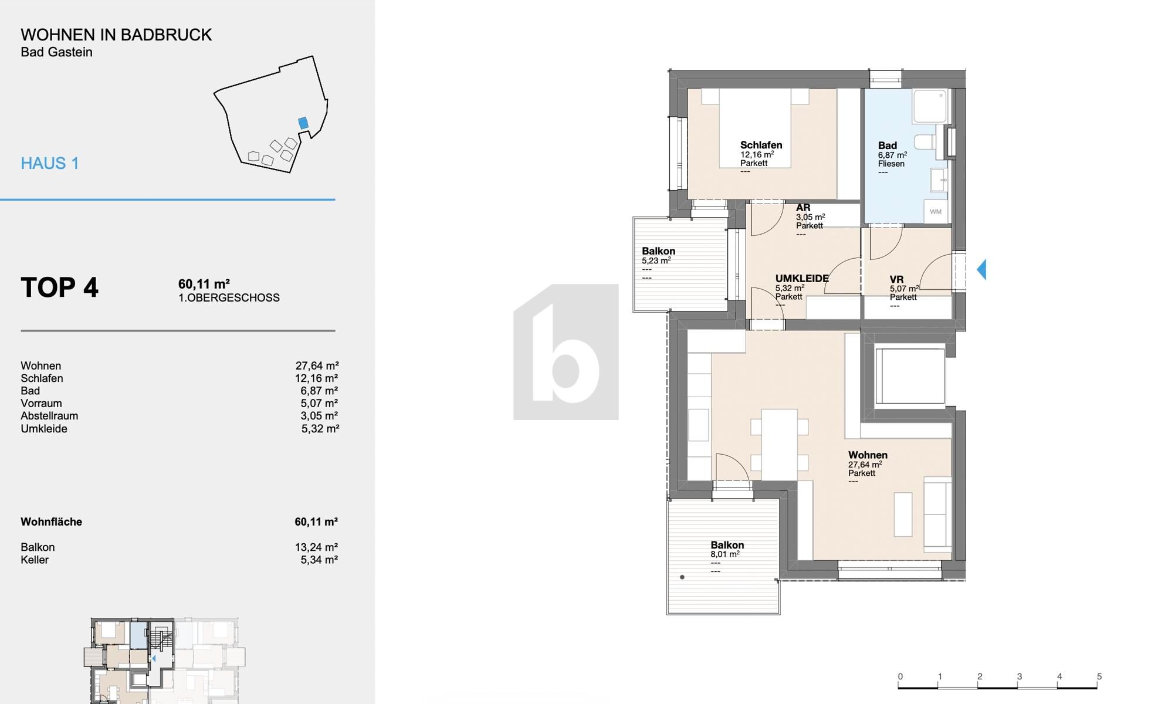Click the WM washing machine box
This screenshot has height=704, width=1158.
935,212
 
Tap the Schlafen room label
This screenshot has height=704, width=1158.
761,145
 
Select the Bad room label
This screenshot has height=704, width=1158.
887,145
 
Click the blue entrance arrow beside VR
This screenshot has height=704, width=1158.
981,269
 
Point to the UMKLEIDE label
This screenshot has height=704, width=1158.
801,279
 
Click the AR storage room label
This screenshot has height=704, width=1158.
803,208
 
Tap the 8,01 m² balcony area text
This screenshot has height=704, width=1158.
724,554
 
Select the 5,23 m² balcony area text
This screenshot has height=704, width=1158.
656,260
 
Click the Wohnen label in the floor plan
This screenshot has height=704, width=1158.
867,455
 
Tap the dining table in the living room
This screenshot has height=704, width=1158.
779,444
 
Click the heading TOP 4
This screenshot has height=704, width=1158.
59,287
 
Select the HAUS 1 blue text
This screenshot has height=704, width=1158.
50,163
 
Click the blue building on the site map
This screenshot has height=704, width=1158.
303,123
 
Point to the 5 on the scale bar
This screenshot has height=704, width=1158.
1099,676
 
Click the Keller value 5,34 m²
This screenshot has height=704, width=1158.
319,560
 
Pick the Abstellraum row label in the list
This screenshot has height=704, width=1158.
49,416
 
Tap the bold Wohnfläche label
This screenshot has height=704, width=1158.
51,522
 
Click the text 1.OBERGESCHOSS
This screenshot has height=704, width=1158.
229,298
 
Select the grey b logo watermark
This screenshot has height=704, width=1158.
566,352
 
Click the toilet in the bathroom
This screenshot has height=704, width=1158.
925,141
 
